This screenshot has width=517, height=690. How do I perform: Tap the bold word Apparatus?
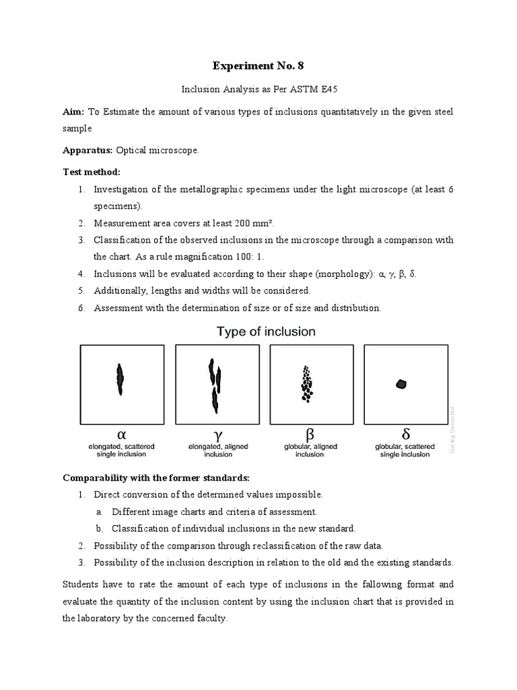[88, 150]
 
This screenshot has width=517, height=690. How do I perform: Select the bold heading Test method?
[91, 172]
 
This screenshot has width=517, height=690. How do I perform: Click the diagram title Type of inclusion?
[265, 331]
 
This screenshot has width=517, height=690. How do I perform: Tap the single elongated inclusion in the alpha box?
[120, 379]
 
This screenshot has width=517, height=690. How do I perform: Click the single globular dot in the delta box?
[401, 383]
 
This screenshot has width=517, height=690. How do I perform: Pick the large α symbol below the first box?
[121, 433]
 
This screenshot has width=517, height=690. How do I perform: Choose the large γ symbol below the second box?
[217, 433]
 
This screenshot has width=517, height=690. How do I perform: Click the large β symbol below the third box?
[310, 433]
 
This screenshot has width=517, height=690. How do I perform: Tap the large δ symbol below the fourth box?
[406, 433]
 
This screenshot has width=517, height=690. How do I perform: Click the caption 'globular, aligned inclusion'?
[310, 450]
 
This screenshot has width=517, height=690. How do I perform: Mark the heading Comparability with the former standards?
[156, 478]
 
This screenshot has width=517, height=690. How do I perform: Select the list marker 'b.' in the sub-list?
[99, 528]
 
